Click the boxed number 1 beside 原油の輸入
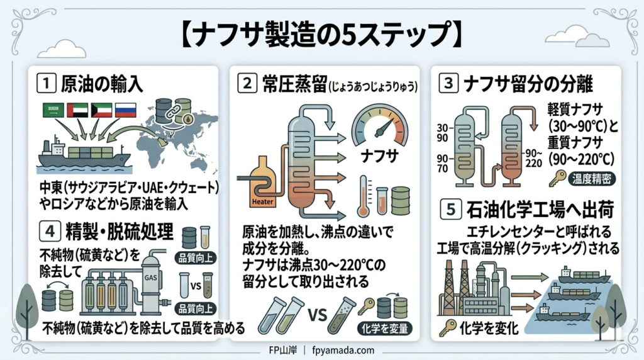click(x=46, y=83)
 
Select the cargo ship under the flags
click(x=82, y=155)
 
